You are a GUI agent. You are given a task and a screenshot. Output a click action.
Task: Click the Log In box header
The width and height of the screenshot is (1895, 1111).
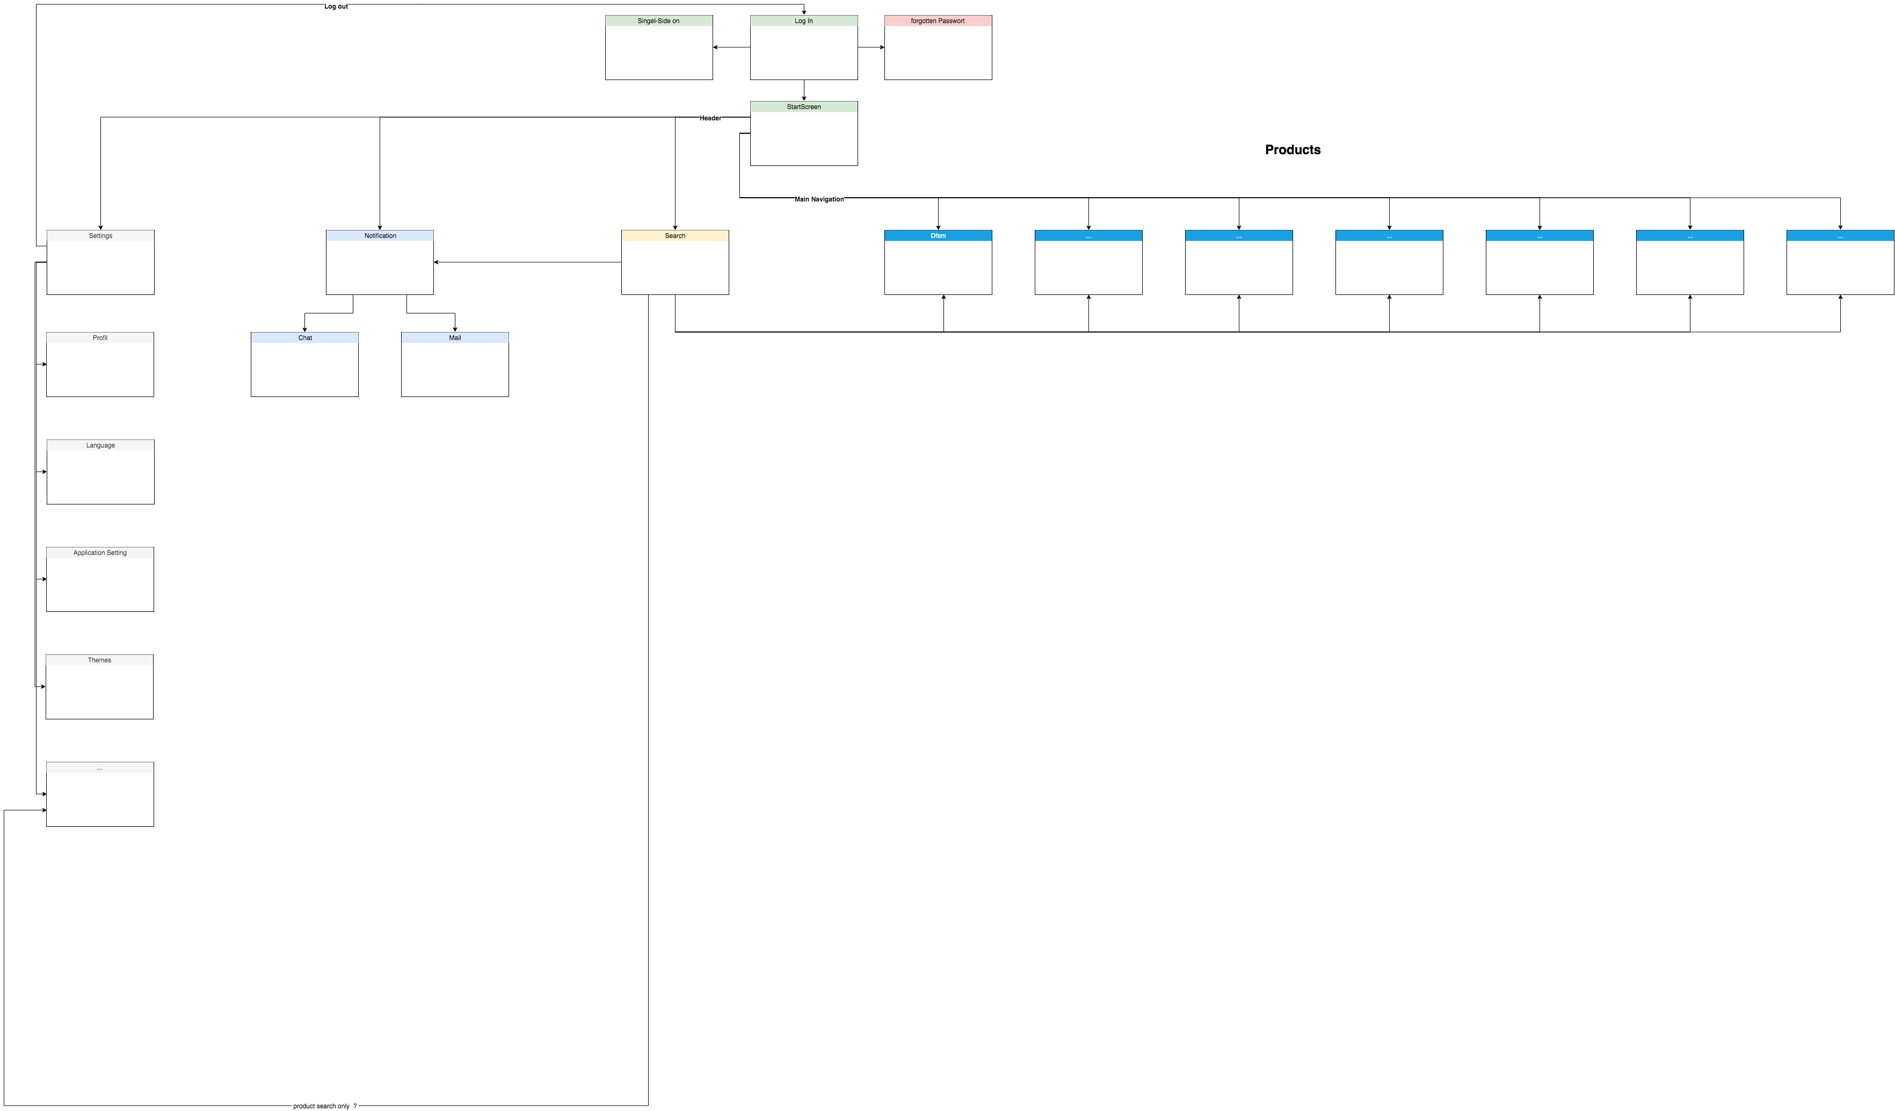(x=803, y=21)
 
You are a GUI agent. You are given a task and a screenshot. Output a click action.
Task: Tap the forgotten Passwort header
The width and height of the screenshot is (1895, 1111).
(x=937, y=21)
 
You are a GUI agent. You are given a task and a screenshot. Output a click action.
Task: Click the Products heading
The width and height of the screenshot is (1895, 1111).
(x=1292, y=150)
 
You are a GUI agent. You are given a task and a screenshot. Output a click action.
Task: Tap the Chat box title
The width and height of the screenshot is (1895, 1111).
(x=304, y=338)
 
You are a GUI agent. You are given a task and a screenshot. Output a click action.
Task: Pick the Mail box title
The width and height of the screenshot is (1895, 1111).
(x=454, y=338)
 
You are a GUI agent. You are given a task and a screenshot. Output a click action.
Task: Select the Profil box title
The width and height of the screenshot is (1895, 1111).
(x=99, y=338)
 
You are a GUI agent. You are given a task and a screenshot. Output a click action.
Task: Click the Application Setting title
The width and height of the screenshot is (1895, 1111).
(x=99, y=553)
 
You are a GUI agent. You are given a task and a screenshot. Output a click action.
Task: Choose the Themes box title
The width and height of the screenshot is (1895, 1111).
(x=99, y=660)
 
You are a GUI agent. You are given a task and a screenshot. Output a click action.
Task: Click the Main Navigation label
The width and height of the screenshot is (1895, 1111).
(x=818, y=199)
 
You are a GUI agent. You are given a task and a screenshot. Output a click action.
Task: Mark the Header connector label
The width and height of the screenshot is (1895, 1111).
(x=710, y=118)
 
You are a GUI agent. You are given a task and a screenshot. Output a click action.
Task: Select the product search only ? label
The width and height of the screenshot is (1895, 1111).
(x=324, y=1106)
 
